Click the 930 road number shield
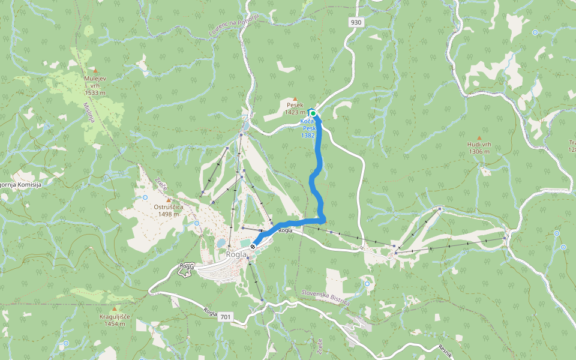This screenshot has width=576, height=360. click(x=356, y=22)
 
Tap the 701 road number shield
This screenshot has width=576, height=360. click(x=225, y=316)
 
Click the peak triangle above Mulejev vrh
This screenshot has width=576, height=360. click(x=95, y=70)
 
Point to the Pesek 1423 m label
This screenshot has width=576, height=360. click(x=295, y=109)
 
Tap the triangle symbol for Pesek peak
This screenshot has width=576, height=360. click(x=295, y=99)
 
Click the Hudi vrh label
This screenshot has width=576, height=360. click(x=479, y=148)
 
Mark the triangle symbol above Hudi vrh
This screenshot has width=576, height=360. click(x=479, y=137)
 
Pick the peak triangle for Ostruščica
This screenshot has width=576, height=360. click(x=169, y=200)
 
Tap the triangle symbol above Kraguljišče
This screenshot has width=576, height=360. click(x=114, y=308)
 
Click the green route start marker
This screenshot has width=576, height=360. click(x=313, y=113)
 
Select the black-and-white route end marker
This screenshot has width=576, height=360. click(x=254, y=246)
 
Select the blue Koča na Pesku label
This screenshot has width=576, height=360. click(x=308, y=128)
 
